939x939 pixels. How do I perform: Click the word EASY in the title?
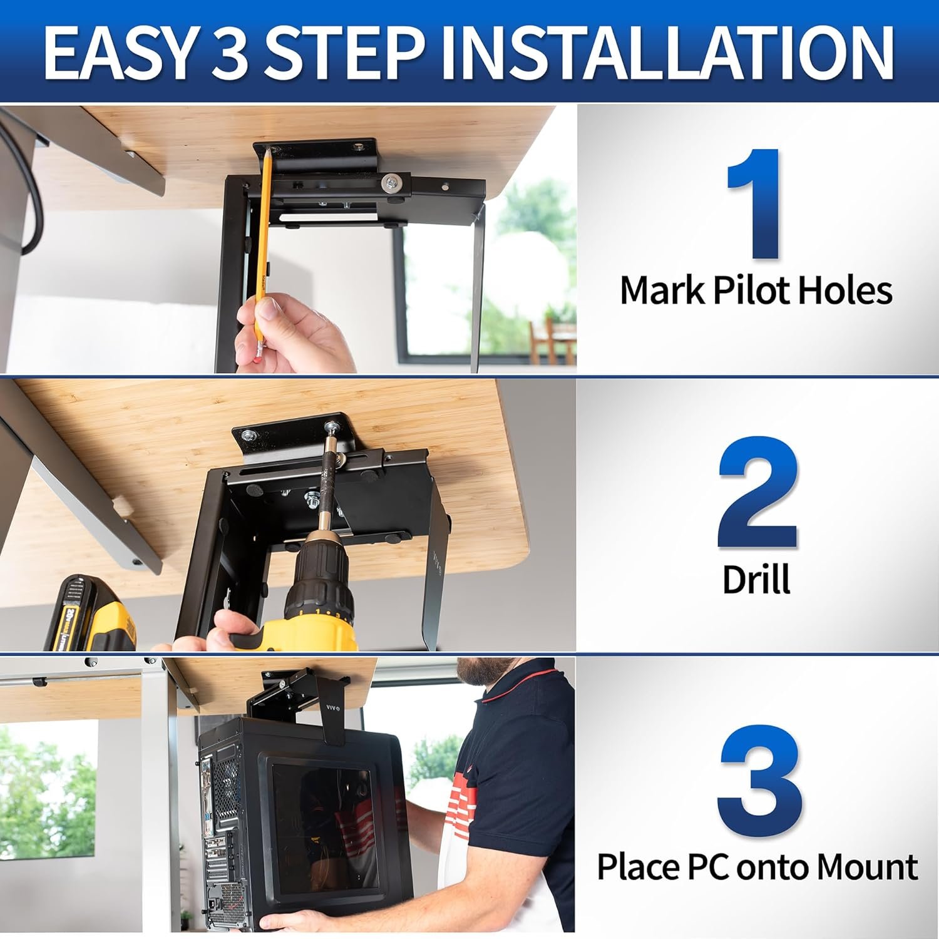coord(117,53)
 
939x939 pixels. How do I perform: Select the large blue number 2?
coord(757,493)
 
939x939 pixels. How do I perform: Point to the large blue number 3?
coord(759,779)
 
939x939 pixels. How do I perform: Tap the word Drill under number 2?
coord(756,579)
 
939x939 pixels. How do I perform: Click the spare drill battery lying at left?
coord(88,613)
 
